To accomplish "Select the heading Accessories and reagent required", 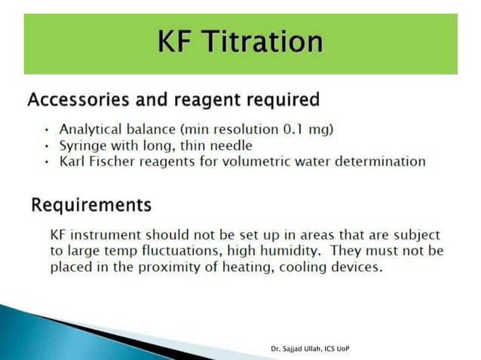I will point(173,99).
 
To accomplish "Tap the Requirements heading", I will point(90,204).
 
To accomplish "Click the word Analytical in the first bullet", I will point(90,130).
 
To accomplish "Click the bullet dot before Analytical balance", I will point(47,130).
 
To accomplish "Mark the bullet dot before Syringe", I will point(47,146).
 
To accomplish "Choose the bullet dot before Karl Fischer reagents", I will point(47,162).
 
